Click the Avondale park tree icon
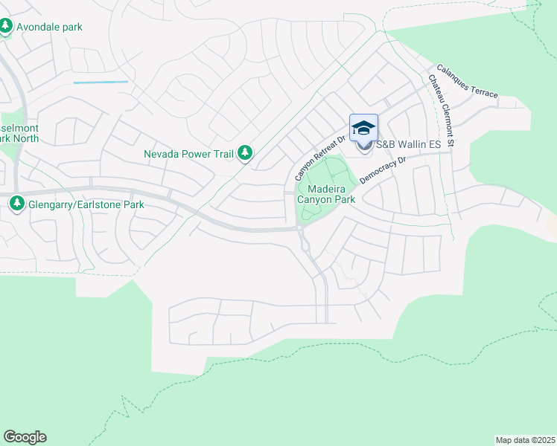(x=6, y=27)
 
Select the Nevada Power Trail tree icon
(x=245, y=154)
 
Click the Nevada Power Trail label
(x=189, y=155)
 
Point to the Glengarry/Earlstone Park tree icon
(x=16, y=202)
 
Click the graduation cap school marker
(x=363, y=129)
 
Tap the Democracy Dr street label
(x=382, y=170)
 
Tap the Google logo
(x=25, y=437)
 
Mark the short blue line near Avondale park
(x=101, y=82)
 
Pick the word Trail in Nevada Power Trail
(x=222, y=155)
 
